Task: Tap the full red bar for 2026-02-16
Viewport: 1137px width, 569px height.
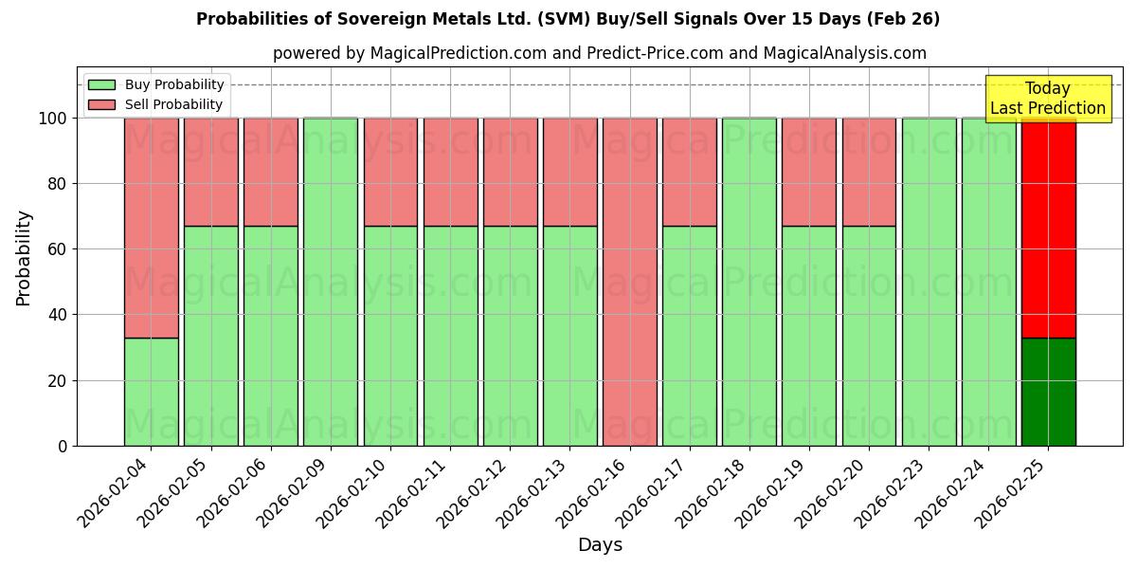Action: tap(629, 282)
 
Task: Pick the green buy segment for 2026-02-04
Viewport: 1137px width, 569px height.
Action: tap(151, 392)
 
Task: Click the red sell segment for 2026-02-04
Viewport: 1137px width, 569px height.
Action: tap(151, 228)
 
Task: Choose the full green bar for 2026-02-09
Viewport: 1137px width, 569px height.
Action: tap(330, 282)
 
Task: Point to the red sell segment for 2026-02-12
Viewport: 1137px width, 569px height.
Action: tap(510, 172)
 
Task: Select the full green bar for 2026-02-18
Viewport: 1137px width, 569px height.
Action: tap(749, 282)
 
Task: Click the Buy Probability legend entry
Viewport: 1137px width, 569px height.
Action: tap(156, 84)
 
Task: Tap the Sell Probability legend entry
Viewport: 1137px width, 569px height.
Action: tap(156, 104)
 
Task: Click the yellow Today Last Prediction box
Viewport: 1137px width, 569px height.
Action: tap(1048, 99)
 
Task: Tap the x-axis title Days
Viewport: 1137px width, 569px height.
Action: tap(600, 545)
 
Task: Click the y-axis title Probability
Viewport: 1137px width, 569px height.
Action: tap(24, 257)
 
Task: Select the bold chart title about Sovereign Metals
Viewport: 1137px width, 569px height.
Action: tap(568, 19)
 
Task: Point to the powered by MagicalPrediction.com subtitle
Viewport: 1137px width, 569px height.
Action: tap(600, 53)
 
